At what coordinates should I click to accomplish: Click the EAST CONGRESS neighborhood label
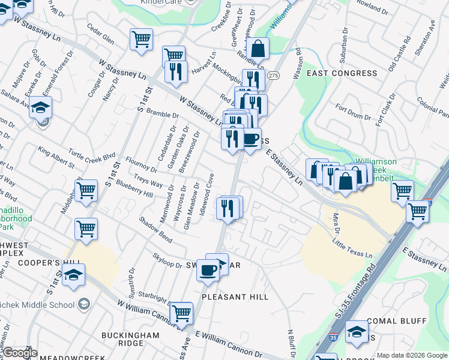342,73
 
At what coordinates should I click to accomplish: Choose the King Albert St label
55,157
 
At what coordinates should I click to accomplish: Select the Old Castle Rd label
399,57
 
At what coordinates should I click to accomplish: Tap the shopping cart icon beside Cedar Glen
141,40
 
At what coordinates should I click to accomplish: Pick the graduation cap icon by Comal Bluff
357,332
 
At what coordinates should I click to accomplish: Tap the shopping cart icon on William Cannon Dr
181,313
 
